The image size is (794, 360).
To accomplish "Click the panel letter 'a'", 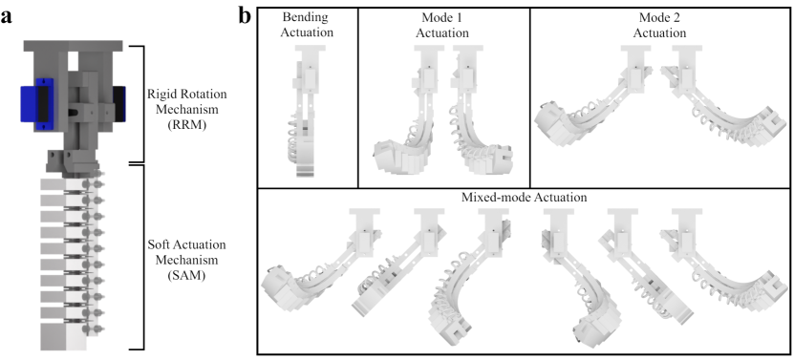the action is coord(6,16).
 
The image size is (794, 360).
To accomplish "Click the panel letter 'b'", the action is coord(246,15).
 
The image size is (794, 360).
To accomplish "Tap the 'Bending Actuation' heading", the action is coord(308,25).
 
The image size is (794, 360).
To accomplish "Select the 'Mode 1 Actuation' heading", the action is coord(444,25).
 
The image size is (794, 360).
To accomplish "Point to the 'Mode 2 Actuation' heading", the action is coord(659,25).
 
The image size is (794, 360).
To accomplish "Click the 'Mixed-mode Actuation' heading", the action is coord(525,197).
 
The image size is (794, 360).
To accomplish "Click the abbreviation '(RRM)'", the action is coord(186,125).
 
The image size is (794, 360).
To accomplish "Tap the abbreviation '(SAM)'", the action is coord(187,276).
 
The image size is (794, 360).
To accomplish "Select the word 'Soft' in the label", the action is coord(158,244).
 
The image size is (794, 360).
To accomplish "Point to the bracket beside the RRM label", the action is coord(144,104).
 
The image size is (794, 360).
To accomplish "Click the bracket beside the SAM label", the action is coord(143,257).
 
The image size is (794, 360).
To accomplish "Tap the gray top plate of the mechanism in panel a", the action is coord(73,46).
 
